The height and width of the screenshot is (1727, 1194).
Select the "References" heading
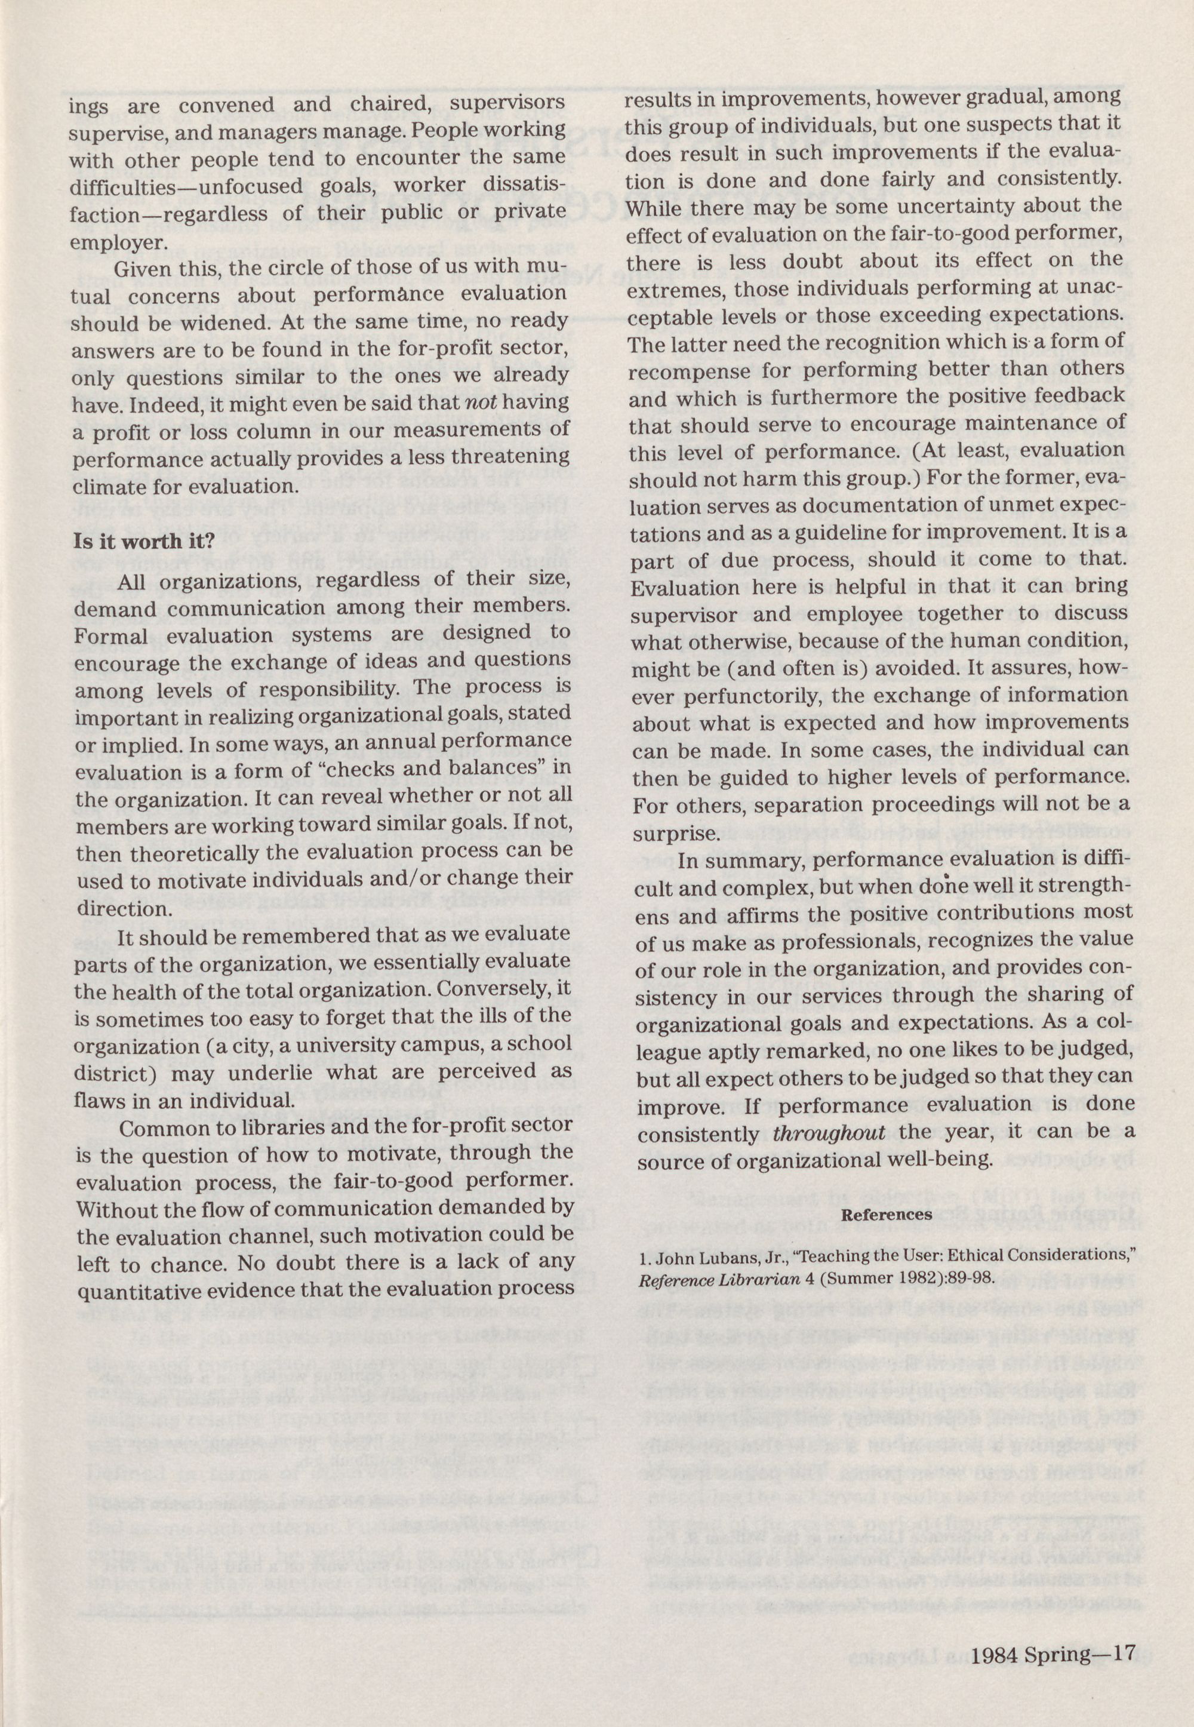(887, 1215)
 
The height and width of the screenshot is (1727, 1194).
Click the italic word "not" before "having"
(476, 402)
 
